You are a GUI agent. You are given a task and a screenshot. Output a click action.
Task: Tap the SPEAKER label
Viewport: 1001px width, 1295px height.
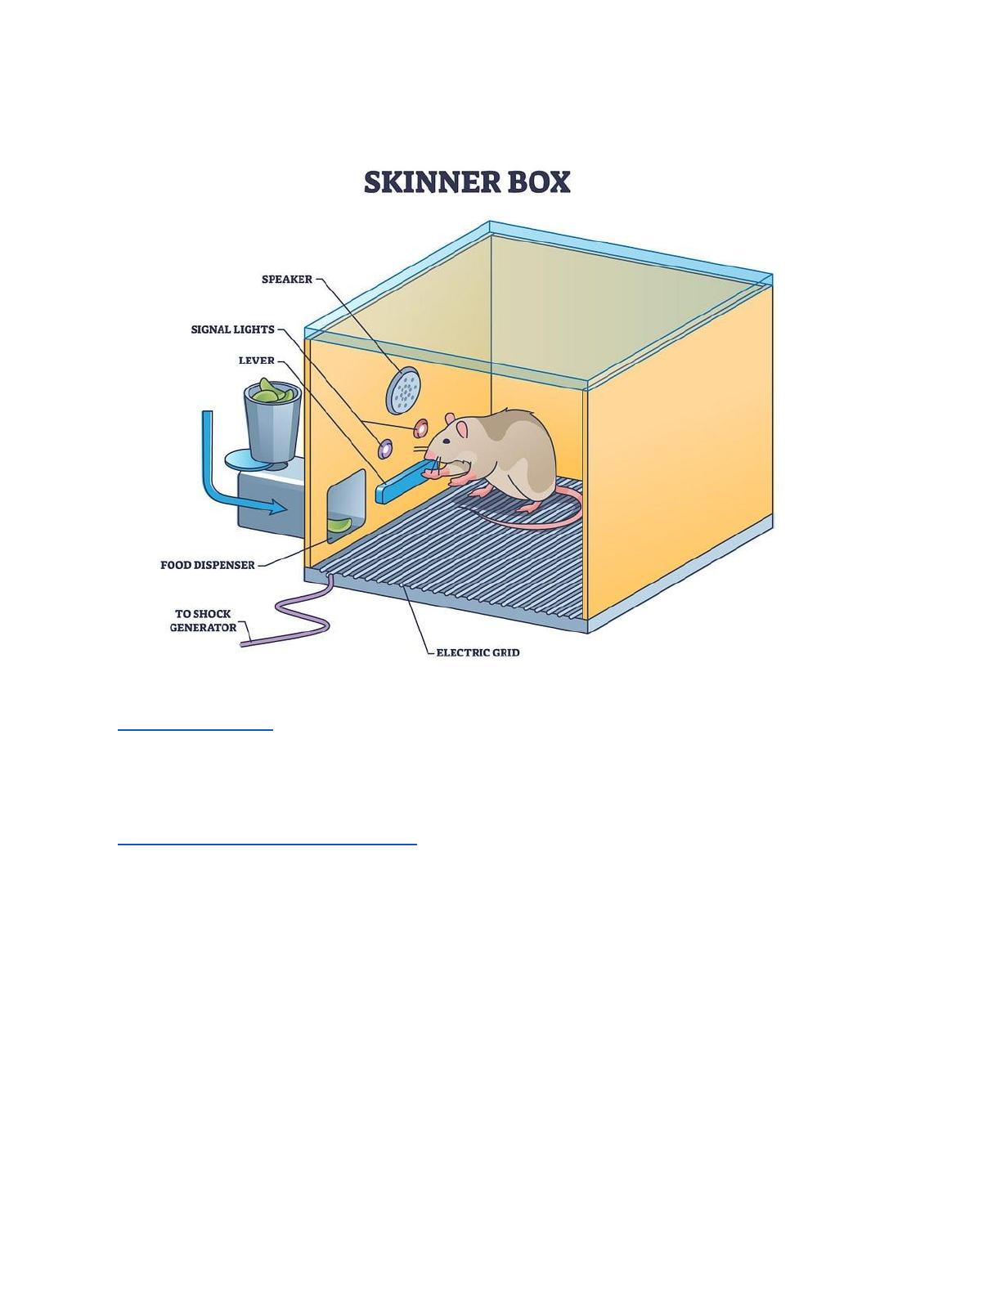286,280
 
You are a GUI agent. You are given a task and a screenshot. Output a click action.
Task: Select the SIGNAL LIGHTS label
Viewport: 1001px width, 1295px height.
232,329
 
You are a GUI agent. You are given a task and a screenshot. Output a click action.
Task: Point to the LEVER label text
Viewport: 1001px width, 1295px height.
256,361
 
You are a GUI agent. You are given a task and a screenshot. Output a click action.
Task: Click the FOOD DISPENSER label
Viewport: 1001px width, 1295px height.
207,565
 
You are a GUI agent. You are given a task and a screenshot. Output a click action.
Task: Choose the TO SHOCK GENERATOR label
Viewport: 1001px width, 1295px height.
203,621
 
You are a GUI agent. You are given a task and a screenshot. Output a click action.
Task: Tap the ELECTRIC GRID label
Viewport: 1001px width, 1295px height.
478,652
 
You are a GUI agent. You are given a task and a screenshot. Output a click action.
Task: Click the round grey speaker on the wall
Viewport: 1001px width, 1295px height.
402,390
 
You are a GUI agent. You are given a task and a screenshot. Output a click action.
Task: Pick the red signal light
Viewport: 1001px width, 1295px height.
421,428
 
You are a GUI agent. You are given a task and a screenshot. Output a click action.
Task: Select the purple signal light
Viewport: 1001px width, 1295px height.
384,448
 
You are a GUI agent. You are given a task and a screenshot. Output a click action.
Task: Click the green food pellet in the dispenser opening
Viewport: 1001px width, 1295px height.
339,525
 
